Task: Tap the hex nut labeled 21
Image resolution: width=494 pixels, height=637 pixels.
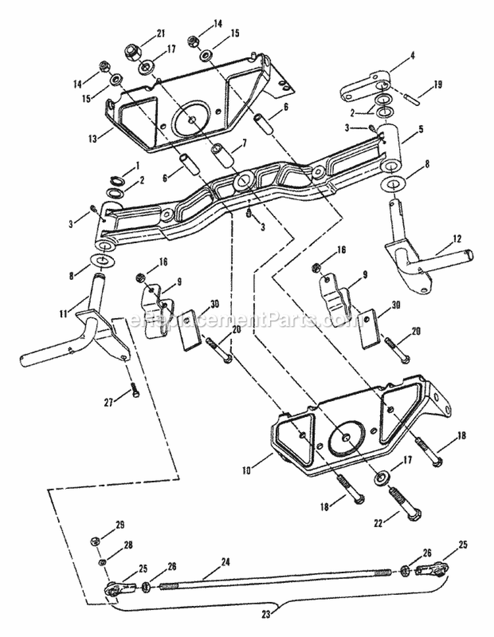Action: [x=130, y=51]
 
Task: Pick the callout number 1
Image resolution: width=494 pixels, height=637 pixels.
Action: [x=136, y=164]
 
